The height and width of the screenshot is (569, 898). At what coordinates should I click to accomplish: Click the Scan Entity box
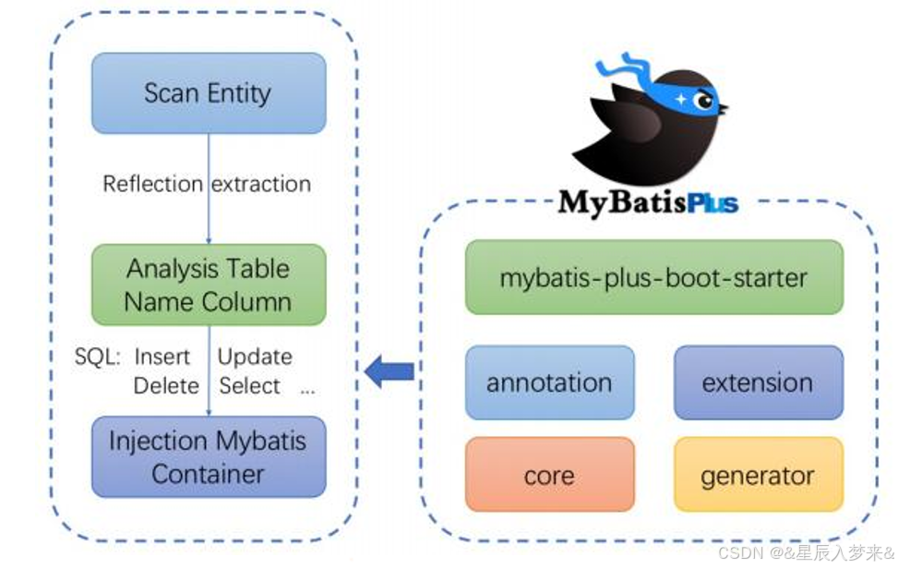coord(208,93)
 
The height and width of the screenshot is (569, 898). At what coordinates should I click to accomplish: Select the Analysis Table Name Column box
coord(208,284)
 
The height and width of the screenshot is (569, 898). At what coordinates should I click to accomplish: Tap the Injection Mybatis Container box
coord(208,456)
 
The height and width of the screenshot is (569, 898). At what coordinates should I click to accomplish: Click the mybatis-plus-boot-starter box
coord(653,277)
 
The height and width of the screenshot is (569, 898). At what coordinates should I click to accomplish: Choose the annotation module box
coord(549,382)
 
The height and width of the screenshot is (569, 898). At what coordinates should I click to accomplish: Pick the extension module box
coord(758,382)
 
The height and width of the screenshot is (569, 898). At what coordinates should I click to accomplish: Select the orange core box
coord(549,475)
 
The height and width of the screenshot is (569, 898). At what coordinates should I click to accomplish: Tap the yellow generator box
coord(758,475)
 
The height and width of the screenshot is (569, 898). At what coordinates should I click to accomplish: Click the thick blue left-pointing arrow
coord(388,371)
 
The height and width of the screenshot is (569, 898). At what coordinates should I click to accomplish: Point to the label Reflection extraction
coord(207,184)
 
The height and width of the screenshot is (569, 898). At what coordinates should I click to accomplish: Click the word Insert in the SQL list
coord(162,357)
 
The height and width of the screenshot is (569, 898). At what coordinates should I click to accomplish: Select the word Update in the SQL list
coord(255,357)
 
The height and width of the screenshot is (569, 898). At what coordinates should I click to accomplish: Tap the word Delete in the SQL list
coord(166,385)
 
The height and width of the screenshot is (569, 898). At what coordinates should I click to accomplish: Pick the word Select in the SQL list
coord(249,385)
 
